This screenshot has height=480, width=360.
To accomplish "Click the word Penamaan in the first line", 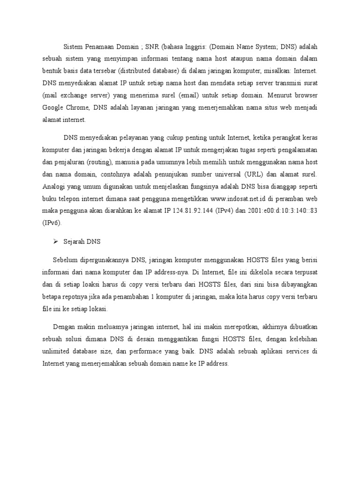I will click(102, 47).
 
